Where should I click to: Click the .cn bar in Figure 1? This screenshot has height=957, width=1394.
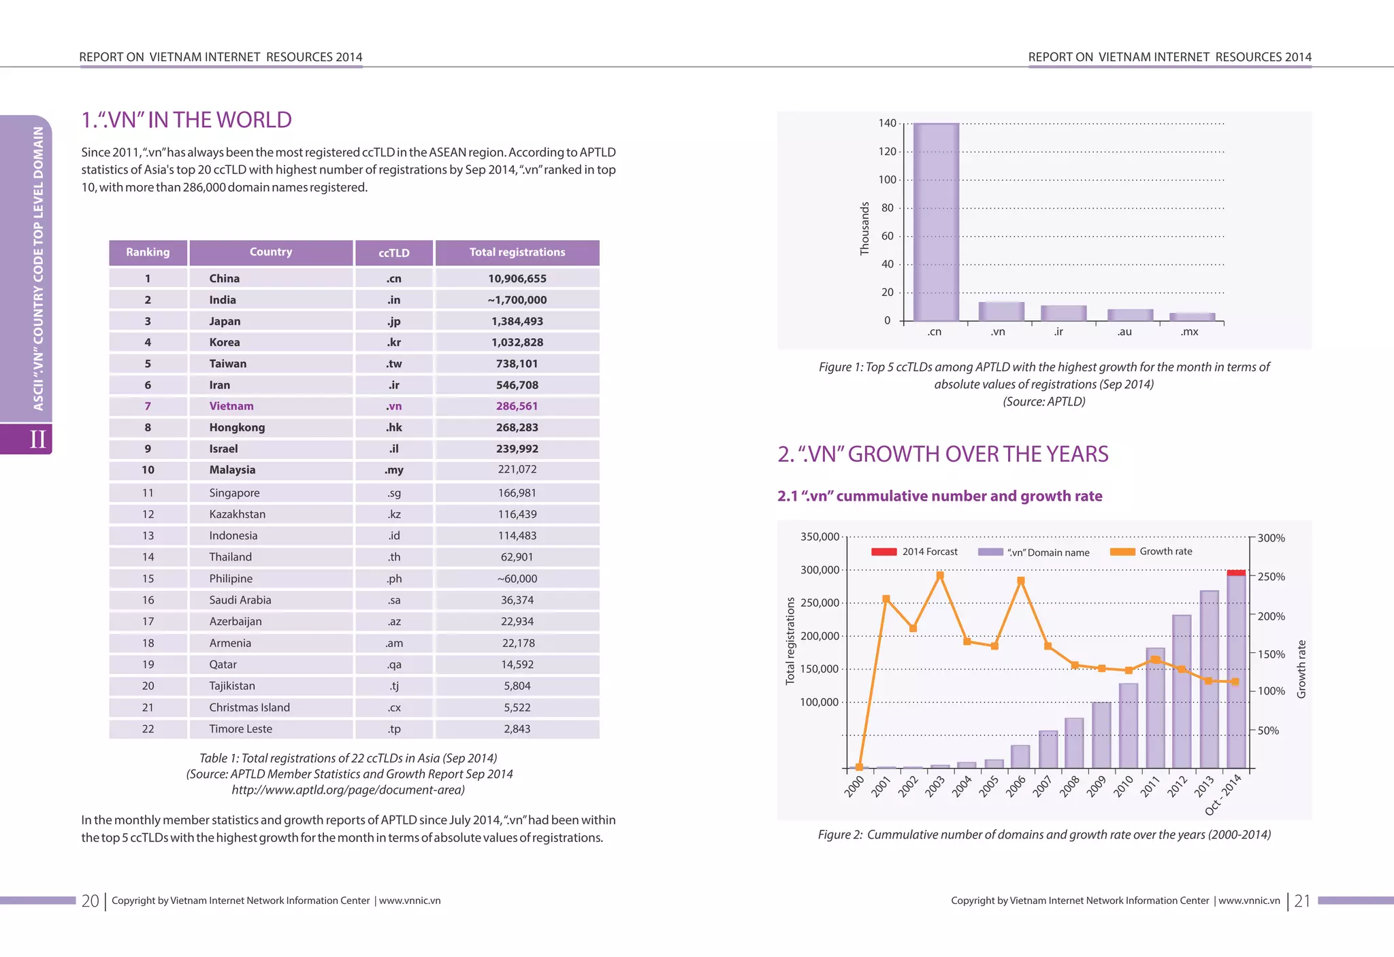click(936, 222)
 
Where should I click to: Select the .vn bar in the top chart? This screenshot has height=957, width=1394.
click(1001, 312)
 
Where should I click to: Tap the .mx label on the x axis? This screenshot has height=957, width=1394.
click(1189, 332)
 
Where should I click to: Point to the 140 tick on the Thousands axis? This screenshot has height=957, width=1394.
click(887, 123)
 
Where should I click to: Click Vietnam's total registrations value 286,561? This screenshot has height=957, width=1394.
click(517, 406)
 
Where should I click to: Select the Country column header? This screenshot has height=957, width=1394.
click(271, 252)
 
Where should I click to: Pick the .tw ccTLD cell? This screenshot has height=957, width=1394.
click(393, 364)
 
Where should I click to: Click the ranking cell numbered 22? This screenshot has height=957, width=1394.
click(148, 729)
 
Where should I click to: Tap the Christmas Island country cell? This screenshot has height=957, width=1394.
click(249, 707)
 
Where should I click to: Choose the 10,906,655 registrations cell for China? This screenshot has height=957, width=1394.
click(517, 279)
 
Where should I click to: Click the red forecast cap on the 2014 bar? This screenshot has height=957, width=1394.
click(1236, 573)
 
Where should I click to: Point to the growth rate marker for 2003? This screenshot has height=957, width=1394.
click(940, 575)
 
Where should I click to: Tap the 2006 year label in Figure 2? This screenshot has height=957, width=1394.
click(1016, 786)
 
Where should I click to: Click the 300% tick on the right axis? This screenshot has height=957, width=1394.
click(1271, 538)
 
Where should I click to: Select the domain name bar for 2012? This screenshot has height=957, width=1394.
click(1182, 690)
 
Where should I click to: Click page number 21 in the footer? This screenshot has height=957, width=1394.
click(1301, 901)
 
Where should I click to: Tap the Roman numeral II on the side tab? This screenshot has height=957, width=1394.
click(37, 439)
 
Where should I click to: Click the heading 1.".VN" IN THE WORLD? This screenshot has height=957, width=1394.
click(187, 120)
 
